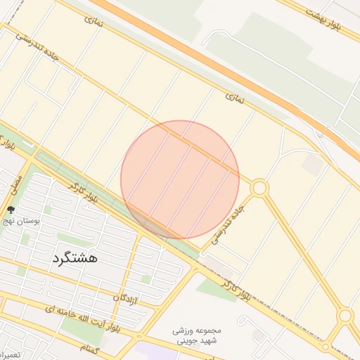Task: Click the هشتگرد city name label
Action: [x=75, y=258]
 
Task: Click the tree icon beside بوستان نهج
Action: [x=10, y=210]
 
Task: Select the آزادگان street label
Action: [x=125, y=300]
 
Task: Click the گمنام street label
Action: [x=91, y=349]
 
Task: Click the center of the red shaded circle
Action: [x=180, y=179]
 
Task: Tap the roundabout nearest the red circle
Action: [x=259, y=188]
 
